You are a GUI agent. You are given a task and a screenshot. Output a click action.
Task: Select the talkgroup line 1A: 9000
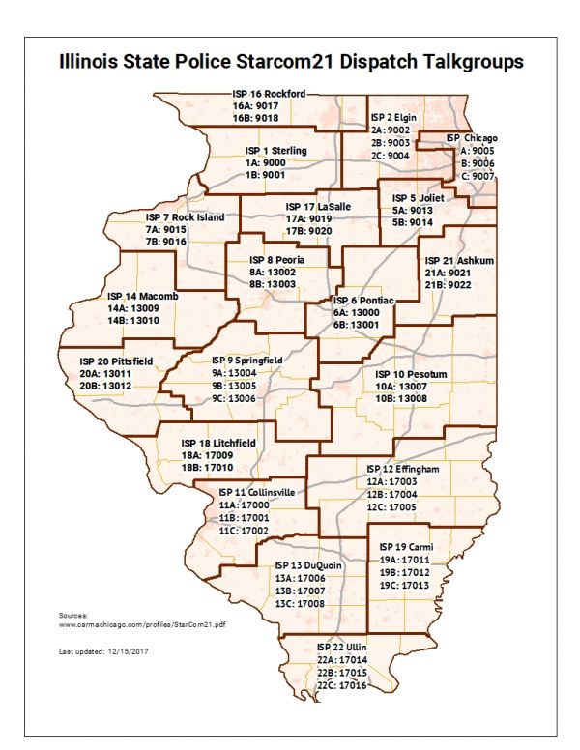pyautogui.click(x=265, y=163)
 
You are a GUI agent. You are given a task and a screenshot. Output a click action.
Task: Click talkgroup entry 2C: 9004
pyautogui.click(x=391, y=154)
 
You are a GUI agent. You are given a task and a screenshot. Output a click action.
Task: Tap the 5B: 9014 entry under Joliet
pyautogui.click(x=413, y=222)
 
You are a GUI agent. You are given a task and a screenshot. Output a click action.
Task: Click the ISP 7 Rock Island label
pyautogui.click(x=185, y=217)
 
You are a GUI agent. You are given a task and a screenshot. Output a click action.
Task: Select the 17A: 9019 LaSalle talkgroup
pyautogui.click(x=309, y=219)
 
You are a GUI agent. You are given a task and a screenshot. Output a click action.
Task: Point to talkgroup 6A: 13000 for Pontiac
pyautogui.click(x=360, y=313)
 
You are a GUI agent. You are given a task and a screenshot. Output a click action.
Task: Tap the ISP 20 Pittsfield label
pyautogui.click(x=116, y=361)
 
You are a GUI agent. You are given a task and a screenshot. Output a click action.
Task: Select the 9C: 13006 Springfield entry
pyautogui.click(x=234, y=397)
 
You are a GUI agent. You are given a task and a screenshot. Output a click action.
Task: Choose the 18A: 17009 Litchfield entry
pyautogui.click(x=206, y=454)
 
